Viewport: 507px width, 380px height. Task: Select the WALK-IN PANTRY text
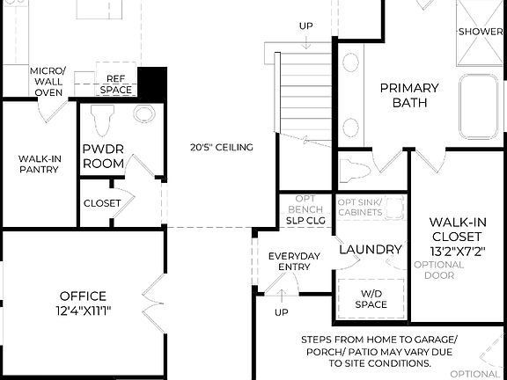point(38,164)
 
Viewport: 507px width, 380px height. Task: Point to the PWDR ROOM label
point(104,156)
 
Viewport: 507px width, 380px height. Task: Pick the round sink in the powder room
point(143,115)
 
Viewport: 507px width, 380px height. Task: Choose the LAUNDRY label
point(370,250)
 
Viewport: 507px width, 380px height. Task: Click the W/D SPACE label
point(371,299)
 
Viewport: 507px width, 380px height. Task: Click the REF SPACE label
point(115,84)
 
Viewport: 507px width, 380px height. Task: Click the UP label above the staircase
point(305,25)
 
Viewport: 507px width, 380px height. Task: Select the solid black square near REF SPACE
point(155,84)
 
